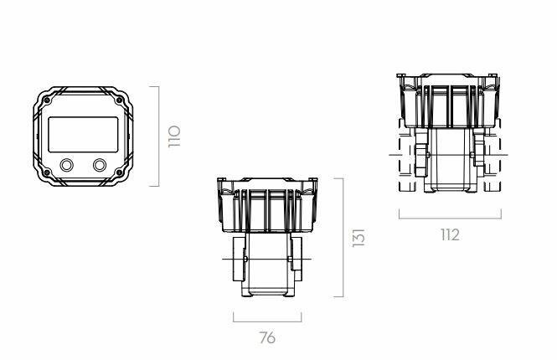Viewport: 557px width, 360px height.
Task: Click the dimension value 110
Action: [x=174, y=136]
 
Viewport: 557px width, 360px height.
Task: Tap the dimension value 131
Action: [x=358, y=238]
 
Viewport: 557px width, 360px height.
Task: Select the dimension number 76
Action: [x=267, y=337]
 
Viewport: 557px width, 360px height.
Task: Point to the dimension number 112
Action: [x=450, y=234]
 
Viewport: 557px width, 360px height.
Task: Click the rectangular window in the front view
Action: [x=83, y=135]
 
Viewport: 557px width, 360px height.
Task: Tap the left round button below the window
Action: [x=66, y=165]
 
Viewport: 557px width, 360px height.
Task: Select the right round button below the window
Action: [x=100, y=165]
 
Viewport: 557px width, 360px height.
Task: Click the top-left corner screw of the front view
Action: [x=47, y=100]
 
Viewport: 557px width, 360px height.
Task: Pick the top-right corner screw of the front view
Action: [x=119, y=100]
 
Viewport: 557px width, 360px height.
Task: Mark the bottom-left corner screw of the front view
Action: [x=47, y=173]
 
